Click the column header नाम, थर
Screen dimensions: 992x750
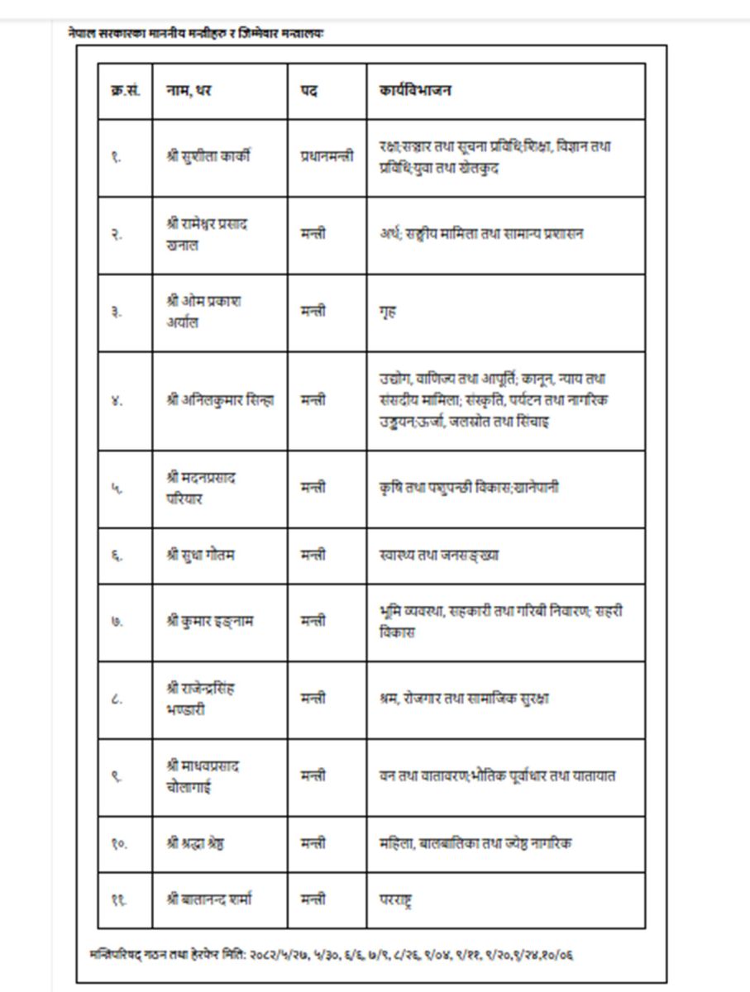pyautogui.click(x=189, y=90)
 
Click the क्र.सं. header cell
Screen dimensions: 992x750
pyautogui.click(x=124, y=90)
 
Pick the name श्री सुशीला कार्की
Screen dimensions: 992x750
pyautogui.click(x=208, y=156)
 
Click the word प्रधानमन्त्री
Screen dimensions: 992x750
pyautogui.click(x=327, y=156)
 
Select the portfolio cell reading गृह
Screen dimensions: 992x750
pyautogui.click(x=388, y=312)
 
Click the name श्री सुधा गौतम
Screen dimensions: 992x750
pyautogui.click(x=200, y=555)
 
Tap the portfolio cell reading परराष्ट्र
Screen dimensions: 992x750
pyautogui.click(x=395, y=899)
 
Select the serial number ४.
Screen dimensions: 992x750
pyautogui.click(x=117, y=400)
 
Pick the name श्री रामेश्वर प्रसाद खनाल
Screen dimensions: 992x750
pyautogui.click(x=205, y=234)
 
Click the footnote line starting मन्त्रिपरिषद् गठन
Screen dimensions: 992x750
pyautogui.click(x=331, y=955)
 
